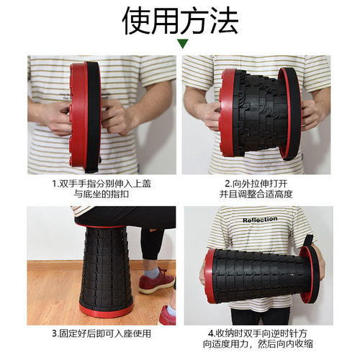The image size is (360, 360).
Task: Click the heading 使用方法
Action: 180,20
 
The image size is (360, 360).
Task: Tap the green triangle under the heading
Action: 182,44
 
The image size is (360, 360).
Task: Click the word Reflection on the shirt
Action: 260,220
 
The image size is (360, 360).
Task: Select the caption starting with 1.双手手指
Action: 102,184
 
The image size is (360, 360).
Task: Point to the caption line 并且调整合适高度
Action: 256,194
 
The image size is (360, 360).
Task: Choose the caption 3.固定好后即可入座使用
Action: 102,333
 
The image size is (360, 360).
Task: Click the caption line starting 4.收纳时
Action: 258,333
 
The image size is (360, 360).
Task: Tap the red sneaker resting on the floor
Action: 156,282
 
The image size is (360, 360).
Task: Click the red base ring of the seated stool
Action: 107,310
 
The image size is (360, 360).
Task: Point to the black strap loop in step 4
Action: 308,240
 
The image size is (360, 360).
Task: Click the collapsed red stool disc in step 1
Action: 78,115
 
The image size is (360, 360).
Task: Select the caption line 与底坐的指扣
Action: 102,194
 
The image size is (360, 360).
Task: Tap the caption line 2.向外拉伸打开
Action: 256,184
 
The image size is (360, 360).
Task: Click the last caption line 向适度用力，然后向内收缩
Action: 258,344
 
